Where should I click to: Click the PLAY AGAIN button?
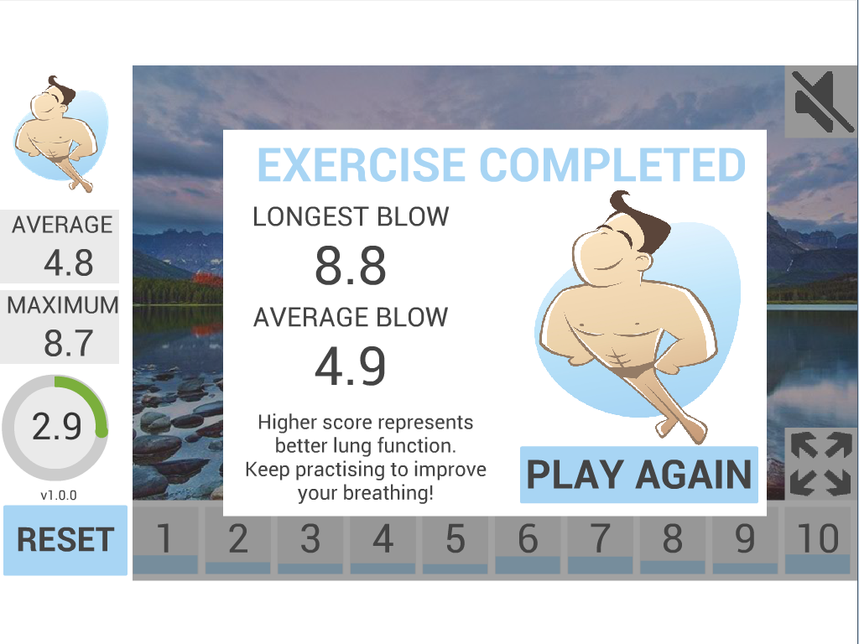point(638,475)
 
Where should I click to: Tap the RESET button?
point(65,540)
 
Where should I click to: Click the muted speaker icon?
point(820,101)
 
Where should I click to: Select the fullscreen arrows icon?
point(820,463)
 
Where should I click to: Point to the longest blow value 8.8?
point(351,266)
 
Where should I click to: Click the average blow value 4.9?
point(351,366)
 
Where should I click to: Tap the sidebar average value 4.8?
point(69,262)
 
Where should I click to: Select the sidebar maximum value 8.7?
point(69,343)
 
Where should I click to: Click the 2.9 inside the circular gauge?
point(56,427)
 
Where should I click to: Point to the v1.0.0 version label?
point(59,496)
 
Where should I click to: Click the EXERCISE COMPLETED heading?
point(502,165)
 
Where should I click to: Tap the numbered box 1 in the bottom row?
point(165,539)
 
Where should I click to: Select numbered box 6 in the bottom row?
point(528,539)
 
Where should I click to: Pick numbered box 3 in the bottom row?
point(310,539)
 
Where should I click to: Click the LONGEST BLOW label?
point(351,217)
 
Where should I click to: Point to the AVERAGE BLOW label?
point(351,318)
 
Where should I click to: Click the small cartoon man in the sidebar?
point(60,134)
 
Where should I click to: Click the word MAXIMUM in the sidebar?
point(62,305)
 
